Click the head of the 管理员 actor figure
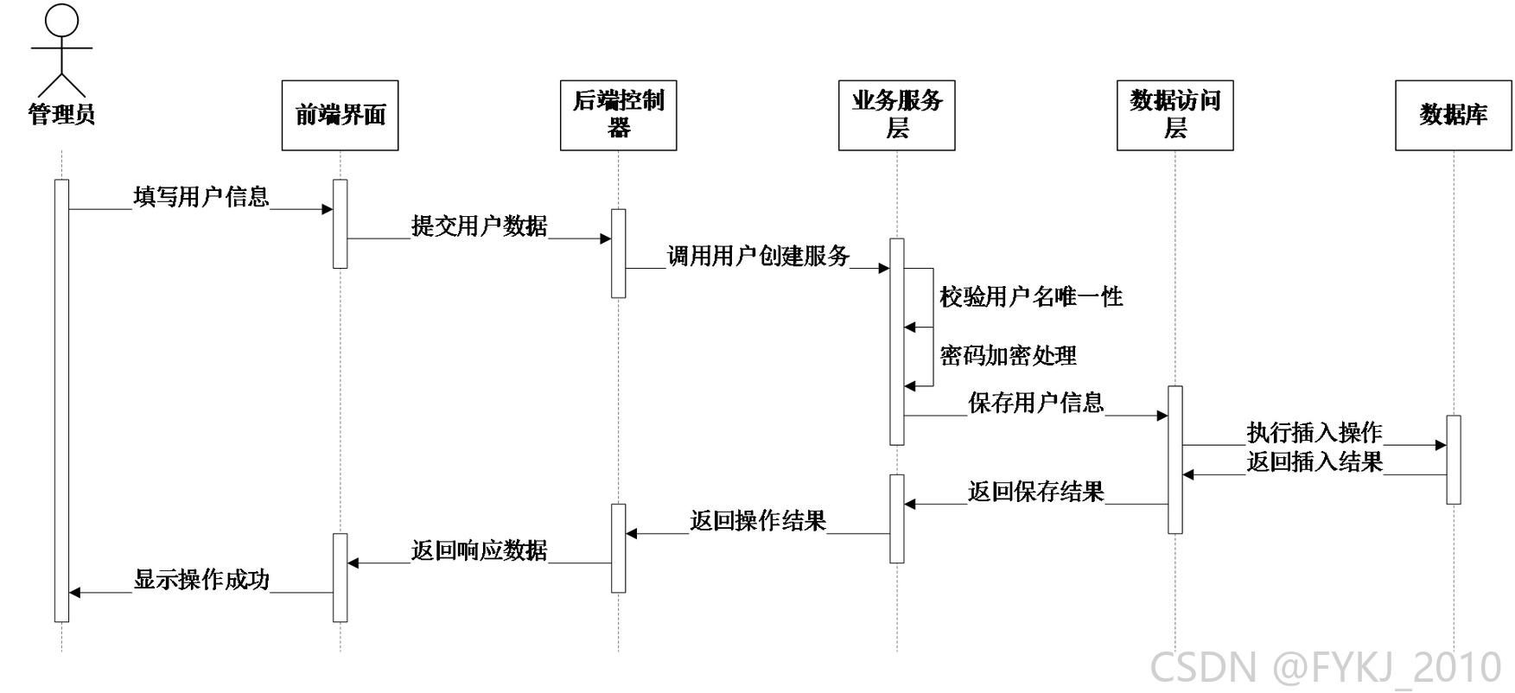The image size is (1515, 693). (x=61, y=21)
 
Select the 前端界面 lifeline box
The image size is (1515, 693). (x=340, y=115)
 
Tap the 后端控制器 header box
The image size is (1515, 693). (x=618, y=115)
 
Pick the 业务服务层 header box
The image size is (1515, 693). (x=896, y=115)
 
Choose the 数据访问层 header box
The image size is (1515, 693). (x=1174, y=115)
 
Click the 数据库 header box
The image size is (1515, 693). (x=1453, y=115)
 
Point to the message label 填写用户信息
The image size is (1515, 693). (x=201, y=197)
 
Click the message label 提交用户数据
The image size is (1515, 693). (x=480, y=226)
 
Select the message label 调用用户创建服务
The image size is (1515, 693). (x=759, y=256)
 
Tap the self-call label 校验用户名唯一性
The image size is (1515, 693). (x=1032, y=297)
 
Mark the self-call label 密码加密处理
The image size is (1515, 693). (x=1009, y=356)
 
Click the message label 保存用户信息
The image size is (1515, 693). (x=1036, y=403)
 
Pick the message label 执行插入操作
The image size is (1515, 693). (x=1314, y=432)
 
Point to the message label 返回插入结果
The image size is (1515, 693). (x=1314, y=461)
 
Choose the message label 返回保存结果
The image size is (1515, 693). (x=1036, y=492)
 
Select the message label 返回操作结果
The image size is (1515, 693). (x=758, y=521)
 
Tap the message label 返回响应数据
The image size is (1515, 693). (x=480, y=550)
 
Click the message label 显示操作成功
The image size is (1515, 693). (x=201, y=580)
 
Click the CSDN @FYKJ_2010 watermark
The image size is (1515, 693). (x=1326, y=667)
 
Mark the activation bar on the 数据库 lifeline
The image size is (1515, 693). (x=1453, y=460)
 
